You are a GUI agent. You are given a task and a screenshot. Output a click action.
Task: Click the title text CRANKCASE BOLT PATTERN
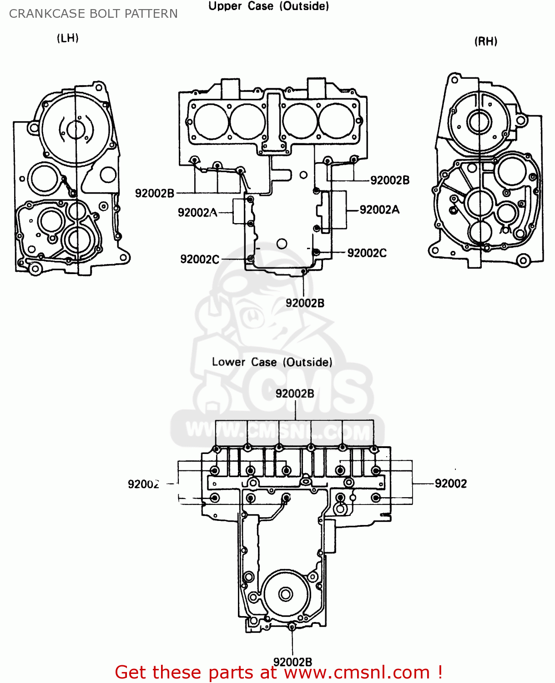(x=93, y=14)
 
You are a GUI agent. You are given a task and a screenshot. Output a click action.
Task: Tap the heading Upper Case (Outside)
(x=268, y=6)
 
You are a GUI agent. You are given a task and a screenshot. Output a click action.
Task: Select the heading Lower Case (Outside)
(x=272, y=362)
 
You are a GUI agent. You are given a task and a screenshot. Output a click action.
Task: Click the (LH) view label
(x=68, y=38)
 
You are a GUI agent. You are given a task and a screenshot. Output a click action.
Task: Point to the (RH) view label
(x=486, y=41)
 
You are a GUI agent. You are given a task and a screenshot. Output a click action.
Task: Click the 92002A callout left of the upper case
(x=197, y=213)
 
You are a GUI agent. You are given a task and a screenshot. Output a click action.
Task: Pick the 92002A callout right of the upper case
(x=379, y=209)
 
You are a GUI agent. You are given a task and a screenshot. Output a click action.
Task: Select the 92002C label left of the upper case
(x=200, y=259)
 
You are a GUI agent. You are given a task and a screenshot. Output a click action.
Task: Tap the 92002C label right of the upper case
(x=367, y=253)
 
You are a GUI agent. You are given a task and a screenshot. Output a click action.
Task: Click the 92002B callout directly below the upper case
(x=305, y=303)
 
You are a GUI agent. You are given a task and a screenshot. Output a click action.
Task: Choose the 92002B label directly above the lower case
(x=295, y=393)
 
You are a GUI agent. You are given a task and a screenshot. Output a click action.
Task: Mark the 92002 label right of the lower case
(x=451, y=484)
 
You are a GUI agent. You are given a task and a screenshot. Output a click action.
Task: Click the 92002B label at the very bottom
(x=293, y=662)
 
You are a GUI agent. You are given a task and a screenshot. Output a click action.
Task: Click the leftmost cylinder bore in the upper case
(x=211, y=121)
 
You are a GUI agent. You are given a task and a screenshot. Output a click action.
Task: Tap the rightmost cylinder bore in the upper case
(x=336, y=121)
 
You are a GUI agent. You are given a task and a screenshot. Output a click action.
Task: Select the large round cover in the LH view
(x=75, y=129)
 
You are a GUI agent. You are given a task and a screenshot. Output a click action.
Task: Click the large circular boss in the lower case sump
(x=286, y=594)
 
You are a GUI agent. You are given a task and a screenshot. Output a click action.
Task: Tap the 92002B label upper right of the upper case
(x=390, y=180)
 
